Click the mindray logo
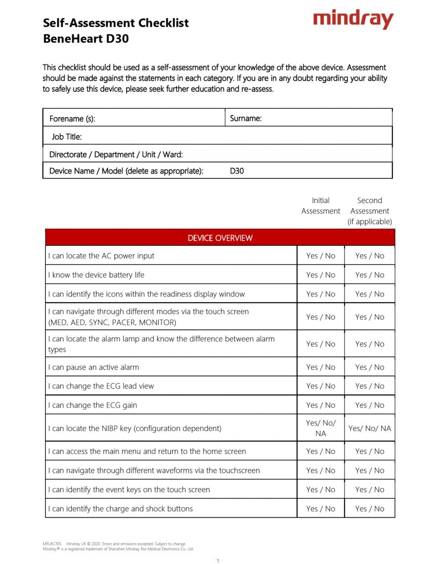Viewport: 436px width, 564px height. (x=353, y=20)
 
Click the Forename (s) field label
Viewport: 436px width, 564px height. (x=72, y=119)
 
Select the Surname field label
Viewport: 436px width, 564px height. (x=246, y=118)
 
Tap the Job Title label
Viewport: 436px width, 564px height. (x=67, y=137)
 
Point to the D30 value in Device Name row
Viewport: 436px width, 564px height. (x=237, y=171)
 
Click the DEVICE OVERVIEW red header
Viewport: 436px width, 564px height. (x=220, y=238)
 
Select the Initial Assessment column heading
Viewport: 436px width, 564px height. (x=321, y=206)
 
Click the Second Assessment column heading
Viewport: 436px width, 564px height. (x=369, y=211)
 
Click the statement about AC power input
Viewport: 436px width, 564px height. (x=101, y=256)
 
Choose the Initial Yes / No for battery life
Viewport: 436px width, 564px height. (x=321, y=275)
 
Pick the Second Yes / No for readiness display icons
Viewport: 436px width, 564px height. (x=369, y=294)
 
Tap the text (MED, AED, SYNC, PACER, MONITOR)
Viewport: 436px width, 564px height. (x=112, y=323)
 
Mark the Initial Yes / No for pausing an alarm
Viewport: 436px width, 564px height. (x=321, y=367)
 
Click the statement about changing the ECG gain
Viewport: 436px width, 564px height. (x=92, y=405)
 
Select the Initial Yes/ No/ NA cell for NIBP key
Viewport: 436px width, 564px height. (x=321, y=428)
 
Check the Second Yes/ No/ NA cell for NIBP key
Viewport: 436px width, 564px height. (x=369, y=428)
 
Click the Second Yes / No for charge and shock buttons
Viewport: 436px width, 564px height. (x=369, y=508)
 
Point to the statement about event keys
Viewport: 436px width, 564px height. (x=129, y=490)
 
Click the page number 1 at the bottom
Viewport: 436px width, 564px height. (x=218, y=560)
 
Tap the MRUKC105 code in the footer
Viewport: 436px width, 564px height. (x=52, y=544)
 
